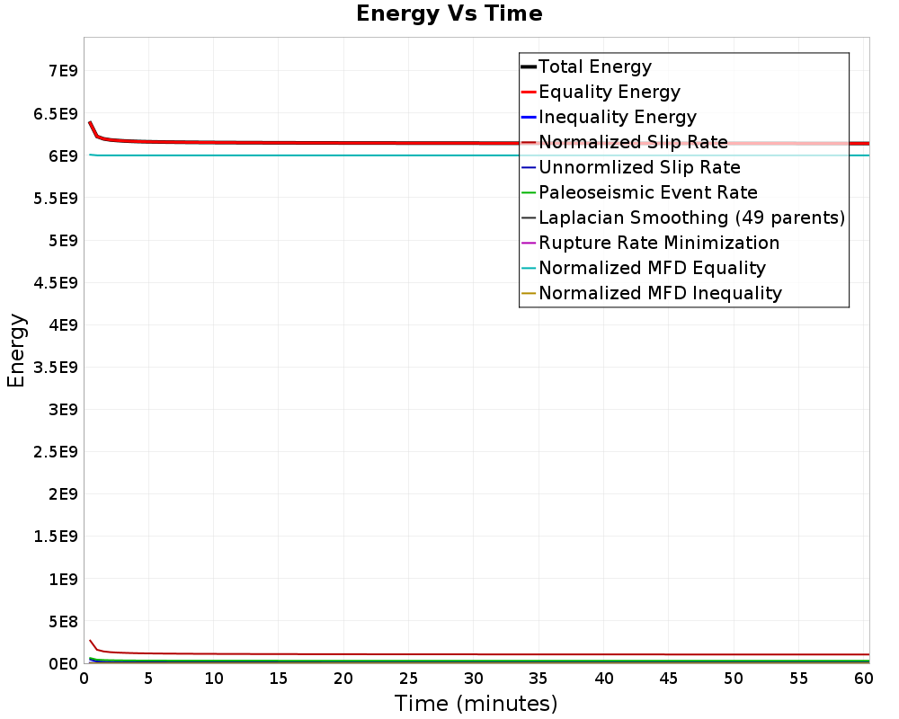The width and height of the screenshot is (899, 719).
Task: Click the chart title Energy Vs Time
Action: (449, 13)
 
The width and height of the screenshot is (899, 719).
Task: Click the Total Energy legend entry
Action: (594, 67)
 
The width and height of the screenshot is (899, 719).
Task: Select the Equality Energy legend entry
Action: (609, 92)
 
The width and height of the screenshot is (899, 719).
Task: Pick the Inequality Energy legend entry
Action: (617, 117)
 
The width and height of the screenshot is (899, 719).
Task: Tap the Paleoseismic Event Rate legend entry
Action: (647, 192)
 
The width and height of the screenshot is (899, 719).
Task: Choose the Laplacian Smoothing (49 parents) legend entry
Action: (691, 217)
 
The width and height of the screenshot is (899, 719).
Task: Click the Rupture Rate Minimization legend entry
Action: (659, 243)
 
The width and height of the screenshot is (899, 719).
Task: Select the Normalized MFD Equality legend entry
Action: (652, 268)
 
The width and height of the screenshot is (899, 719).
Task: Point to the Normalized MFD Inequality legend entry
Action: (660, 293)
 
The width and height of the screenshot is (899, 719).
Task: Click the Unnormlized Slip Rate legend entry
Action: (639, 167)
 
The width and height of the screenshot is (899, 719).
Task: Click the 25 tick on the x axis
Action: (409, 679)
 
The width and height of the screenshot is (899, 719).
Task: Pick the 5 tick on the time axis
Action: (149, 679)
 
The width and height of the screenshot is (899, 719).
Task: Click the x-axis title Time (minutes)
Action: (476, 703)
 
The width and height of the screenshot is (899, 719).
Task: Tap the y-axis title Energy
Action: (16, 351)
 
